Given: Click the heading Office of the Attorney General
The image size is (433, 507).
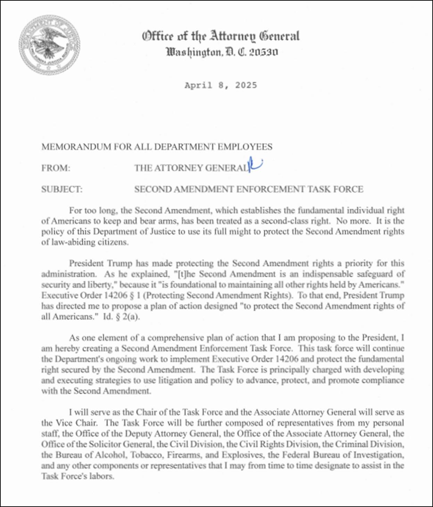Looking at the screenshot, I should tap(220, 36).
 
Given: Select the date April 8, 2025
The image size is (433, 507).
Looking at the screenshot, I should tap(220, 85).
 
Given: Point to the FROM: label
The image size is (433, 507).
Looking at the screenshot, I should tap(56, 168).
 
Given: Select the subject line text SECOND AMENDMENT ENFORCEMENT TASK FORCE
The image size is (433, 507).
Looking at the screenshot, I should tap(249, 189).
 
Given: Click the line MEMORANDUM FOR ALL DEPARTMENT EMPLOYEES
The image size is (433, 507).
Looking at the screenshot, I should tap(157, 147).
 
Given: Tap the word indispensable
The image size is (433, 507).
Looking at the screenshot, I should tap(332, 274).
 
